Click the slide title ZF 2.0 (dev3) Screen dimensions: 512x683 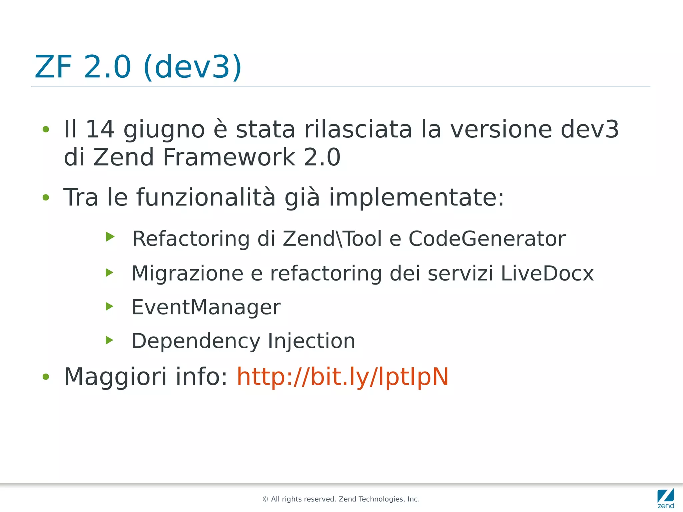tap(138, 67)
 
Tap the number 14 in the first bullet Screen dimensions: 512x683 tap(100, 129)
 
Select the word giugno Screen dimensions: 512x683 tap(164, 130)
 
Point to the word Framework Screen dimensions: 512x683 tap(229, 157)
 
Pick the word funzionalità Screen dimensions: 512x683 tap(206, 197)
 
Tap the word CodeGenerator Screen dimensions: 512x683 tap(487, 239)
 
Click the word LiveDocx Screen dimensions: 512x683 tap(547, 274)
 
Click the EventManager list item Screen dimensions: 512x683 tap(206, 307)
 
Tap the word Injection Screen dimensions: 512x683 tap(311, 341)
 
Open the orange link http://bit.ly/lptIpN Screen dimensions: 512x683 tap(343, 377)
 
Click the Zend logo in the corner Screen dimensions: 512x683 tap(666, 498)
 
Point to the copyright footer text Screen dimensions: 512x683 tap(341, 499)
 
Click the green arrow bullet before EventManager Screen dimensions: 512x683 tap(109, 306)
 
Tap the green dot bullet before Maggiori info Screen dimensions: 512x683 tap(46, 377)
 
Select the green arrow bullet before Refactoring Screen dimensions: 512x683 tap(110, 237)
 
